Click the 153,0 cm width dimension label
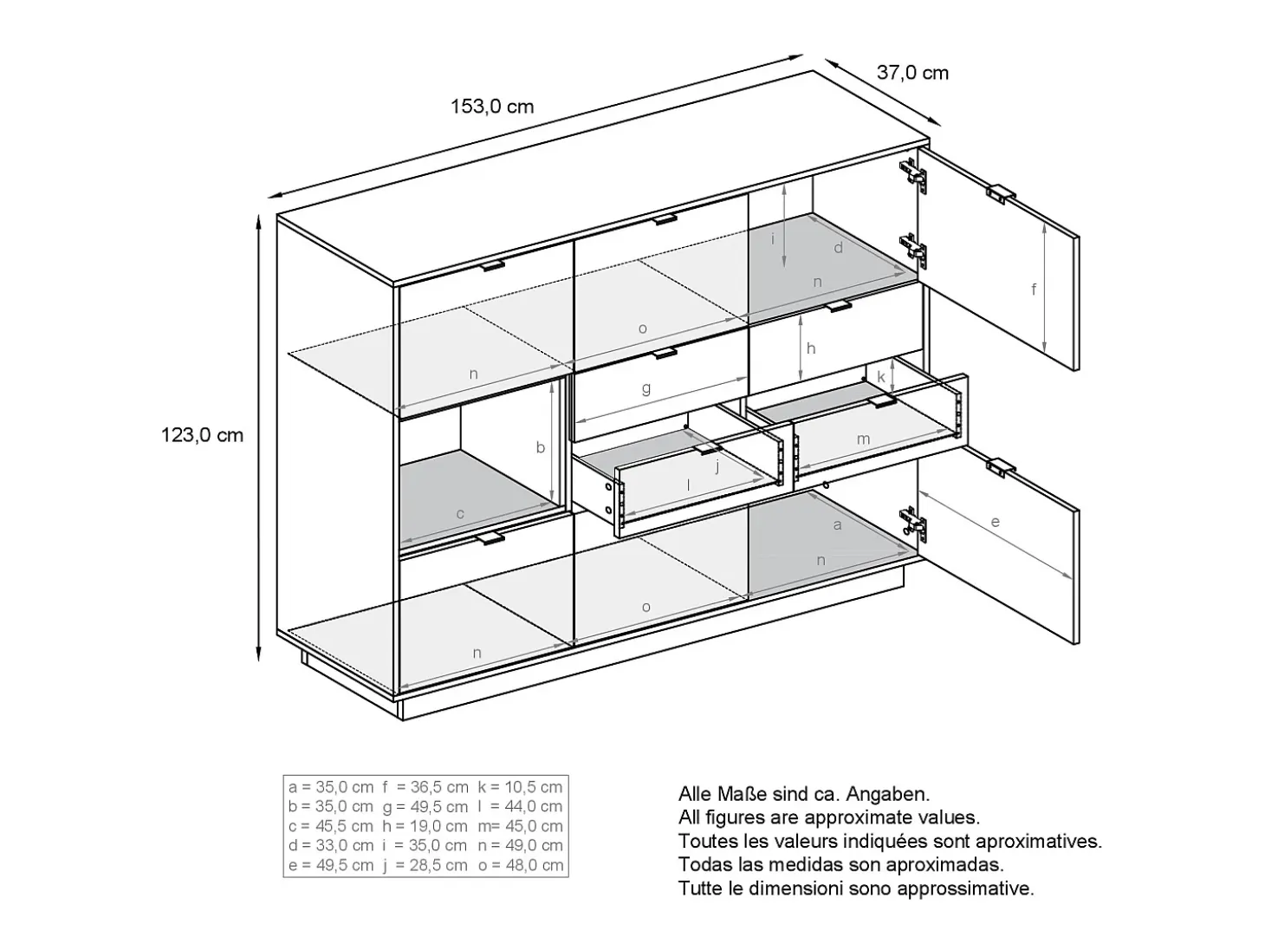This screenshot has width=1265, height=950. click(491, 107)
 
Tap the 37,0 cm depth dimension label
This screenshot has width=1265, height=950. click(912, 73)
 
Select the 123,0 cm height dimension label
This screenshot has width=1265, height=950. click(202, 434)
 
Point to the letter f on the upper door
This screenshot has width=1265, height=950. click(1034, 289)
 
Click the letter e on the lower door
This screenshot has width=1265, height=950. click(996, 522)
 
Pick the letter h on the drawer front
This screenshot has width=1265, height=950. click(811, 348)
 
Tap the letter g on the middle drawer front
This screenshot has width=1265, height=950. click(646, 388)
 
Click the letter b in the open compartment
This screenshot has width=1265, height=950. click(540, 447)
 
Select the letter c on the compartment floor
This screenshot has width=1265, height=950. click(460, 514)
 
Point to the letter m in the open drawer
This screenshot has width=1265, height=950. click(863, 439)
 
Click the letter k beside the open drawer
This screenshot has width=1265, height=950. click(881, 377)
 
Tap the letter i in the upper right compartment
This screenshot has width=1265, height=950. click(773, 237)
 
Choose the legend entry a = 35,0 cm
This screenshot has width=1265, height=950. click(331, 787)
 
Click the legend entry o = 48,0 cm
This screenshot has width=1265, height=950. click(521, 865)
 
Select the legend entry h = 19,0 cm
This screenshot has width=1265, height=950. click(425, 826)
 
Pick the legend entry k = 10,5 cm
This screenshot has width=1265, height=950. click(520, 787)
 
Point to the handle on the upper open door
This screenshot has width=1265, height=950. click(1002, 194)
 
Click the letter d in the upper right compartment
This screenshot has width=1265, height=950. click(839, 248)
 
